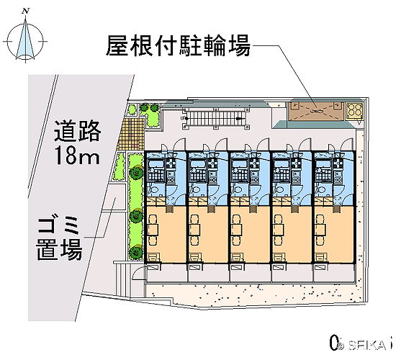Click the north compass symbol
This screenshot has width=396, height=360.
coord(25,40)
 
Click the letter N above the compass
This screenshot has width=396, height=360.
coord(25,11)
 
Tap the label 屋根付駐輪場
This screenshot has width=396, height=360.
coord(179,45)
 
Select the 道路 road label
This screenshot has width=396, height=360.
coord(78,131)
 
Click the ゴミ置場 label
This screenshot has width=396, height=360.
coord(59,238)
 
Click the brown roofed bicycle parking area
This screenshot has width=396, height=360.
coord(316,111)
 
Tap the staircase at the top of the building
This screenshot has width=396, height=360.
coord(215,118)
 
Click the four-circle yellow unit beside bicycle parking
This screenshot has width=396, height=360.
coord(354,110)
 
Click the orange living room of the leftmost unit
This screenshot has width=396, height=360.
coord(166,235)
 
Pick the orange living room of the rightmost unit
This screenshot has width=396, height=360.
coord(333,235)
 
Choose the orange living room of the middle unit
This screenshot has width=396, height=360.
coord(250,235)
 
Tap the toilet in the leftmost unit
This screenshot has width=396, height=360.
coord(153,189)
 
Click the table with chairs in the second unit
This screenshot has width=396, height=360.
coord(194,230)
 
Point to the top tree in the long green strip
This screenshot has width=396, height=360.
coord(136,172)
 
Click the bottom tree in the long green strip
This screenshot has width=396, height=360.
coord(136,251)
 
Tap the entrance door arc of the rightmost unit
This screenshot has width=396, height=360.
coord(347,144)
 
